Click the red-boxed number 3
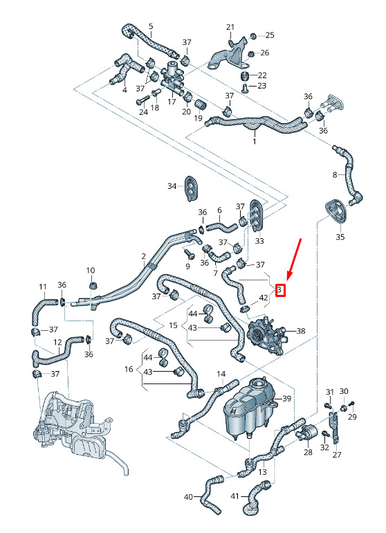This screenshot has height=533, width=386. [x=279, y=290]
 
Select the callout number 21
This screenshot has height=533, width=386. [x=230, y=27]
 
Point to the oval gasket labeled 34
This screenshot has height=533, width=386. [x=191, y=188]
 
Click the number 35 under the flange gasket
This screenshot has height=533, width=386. [x=340, y=237]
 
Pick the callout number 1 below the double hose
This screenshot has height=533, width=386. [x=254, y=141]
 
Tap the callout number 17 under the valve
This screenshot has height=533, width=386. [x=172, y=101]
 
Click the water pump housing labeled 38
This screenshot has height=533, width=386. [x=266, y=335]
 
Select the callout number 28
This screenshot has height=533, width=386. [x=308, y=452]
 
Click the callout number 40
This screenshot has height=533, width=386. [x=189, y=497]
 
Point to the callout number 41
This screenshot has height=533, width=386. [x=235, y=496]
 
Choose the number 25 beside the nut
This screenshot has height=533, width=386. [x=270, y=35]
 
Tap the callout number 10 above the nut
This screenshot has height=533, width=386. [x=91, y=271]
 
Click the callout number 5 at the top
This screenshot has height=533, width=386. [x=151, y=26]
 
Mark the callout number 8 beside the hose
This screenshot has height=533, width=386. [x=335, y=174]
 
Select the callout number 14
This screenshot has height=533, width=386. [x=221, y=374]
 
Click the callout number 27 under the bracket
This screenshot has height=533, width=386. [x=337, y=455]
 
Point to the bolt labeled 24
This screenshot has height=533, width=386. [x=143, y=100]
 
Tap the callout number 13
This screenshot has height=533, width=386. [x=262, y=472]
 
